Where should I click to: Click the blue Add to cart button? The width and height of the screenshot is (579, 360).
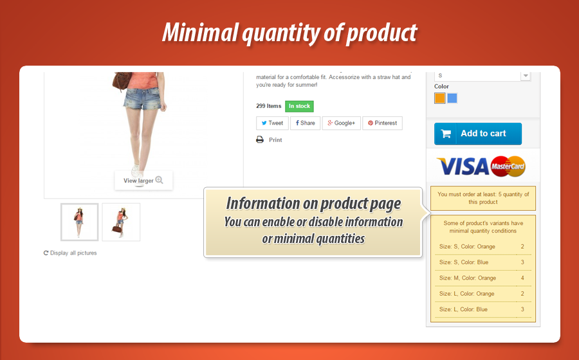tap(478, 134)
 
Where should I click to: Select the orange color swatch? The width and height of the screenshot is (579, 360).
tap(440, 98)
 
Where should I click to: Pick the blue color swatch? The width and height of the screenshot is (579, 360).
tap(452, 98)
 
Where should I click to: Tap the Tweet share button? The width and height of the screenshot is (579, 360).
tap(272, 123)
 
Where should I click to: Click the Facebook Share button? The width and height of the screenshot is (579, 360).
tap(306, 123)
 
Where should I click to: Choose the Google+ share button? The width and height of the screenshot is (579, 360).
tap(341, 123)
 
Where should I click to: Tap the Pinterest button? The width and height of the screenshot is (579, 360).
tap(382, 123)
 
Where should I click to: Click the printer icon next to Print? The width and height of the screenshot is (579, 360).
tap(260, 139)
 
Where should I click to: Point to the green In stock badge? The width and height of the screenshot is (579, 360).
tap(299, 106)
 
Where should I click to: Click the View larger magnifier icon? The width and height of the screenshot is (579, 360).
tap(159, 180)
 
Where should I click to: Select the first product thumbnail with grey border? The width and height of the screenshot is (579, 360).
tap(79, 222)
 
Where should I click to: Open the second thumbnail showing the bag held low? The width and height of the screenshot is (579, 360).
tap(121, 222)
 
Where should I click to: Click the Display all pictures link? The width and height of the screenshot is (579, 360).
tap(70, 253)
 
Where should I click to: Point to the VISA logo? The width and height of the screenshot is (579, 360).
tap(463, 166)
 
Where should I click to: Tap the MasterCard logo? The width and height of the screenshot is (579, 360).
tap(508, 166)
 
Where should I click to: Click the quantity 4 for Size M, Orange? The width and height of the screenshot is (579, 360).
tap(522, 278)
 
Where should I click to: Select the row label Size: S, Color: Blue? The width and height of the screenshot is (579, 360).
tap(464, 262)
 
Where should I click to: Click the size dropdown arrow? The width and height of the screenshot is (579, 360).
tap(526, 76)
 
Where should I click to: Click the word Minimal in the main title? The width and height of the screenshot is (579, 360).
tap(200, 32)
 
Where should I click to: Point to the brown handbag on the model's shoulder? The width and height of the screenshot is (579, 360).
tap(122, 81)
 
